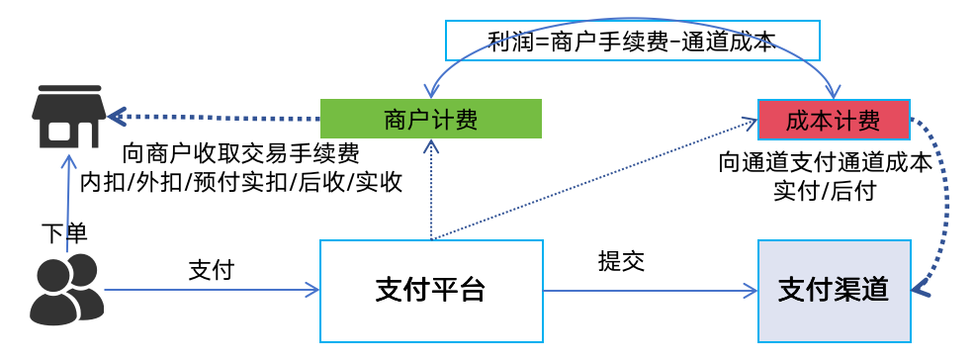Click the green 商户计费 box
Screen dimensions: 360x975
430,120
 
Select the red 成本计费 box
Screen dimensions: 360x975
833,120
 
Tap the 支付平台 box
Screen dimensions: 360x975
431,290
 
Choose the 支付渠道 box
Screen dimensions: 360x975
833,290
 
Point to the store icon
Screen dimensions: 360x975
66,115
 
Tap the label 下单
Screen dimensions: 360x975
64,233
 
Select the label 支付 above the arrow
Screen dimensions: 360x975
211,269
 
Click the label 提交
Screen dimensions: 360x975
621,261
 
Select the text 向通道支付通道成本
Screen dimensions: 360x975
825,163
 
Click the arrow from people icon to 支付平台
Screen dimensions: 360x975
208,290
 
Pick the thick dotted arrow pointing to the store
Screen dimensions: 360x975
218,118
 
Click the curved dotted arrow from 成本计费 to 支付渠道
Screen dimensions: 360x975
942,208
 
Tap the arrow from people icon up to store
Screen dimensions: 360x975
67,198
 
